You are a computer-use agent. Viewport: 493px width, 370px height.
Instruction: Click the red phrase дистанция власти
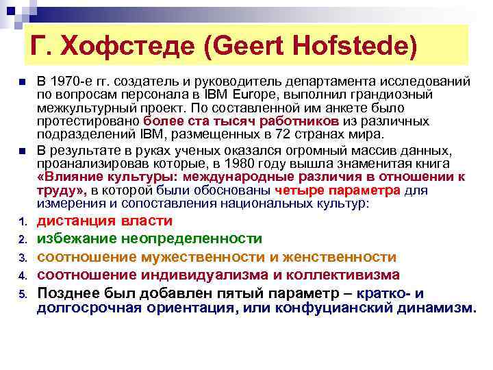pos(105,221)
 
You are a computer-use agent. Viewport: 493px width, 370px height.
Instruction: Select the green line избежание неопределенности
pos(149,238)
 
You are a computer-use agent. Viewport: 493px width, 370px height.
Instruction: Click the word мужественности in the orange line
pos(209,256)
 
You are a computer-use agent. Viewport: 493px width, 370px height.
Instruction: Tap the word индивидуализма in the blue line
pos(207,275)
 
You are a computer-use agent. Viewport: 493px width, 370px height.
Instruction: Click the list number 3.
pos(23,258)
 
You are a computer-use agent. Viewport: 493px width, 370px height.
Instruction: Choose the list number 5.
pos(23,294)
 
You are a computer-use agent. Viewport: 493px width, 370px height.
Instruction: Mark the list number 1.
pos(23,221)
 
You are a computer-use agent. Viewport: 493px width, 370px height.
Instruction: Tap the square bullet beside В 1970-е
pos(22,82)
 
